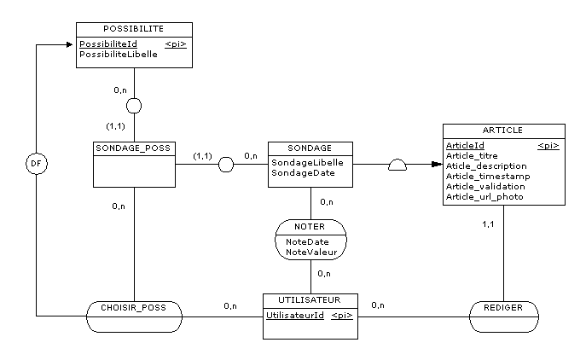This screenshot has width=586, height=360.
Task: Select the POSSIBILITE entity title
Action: coord(133,29)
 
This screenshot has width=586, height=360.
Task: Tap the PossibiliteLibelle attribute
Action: coord(119,55)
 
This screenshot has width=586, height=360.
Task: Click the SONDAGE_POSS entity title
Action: coord(133,148)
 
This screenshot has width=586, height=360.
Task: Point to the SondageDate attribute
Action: coord(303,172)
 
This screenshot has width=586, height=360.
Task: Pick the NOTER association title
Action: coord(310,227)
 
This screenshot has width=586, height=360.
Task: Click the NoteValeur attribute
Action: coord(311,253)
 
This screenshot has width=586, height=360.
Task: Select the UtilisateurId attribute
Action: coord(295,315)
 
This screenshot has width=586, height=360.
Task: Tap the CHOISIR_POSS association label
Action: coord(133,308)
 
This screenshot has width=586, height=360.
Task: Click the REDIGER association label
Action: coord(503,308)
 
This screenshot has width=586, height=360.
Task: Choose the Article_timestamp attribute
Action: coord(488,176)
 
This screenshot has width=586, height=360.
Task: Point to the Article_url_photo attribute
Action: coord(484,197)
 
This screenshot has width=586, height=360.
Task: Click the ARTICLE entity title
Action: coord(502,130)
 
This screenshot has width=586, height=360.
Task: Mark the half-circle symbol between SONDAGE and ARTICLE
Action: coord(397,165)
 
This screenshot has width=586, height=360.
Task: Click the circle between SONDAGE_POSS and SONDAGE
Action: coord(226,165)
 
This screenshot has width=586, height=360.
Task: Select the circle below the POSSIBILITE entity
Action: coord(134,106)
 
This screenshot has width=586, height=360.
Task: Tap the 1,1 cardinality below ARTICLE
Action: coord(488,224)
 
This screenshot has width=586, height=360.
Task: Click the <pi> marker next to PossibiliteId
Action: coord(176,44)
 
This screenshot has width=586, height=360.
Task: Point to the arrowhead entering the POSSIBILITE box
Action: coord(69,45)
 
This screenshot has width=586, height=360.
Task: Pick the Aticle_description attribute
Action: coord(486,166)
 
